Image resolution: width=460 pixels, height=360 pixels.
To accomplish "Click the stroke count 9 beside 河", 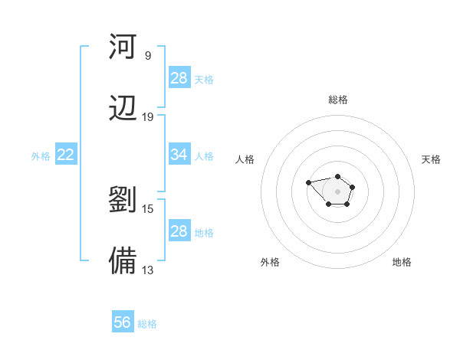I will [x=148, y=56].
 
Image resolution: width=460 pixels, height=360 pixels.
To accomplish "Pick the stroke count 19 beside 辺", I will [x=148, y=117].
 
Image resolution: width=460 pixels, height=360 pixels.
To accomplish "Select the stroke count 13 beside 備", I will [x=148, y=270].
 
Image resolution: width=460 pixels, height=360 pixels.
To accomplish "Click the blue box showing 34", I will [x=179, y=155].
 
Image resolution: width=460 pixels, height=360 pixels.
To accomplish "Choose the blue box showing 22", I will [x=66, y=155].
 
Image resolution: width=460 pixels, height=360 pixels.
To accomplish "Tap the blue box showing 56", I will [x=123, y=323].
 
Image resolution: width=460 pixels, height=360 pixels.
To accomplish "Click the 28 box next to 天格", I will [x=179, y=78].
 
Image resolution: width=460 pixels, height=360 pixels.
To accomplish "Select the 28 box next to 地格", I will [x=179, y=231].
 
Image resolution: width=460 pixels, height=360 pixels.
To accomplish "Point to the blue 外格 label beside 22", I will [x=41, y=155].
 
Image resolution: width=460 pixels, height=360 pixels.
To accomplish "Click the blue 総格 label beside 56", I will [x=147, y=324].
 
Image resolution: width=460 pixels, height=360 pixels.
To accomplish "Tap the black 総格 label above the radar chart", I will [x=337, y=100].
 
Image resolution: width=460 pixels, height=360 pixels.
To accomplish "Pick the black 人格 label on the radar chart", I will [x=245, y=159].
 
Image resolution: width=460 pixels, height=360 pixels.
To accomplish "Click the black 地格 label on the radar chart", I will [x=402, y=262].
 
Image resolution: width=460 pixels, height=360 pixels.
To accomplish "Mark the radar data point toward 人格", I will [x=308, y=182].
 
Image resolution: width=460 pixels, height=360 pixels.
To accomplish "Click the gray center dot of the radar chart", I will [x=337, y=191].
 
